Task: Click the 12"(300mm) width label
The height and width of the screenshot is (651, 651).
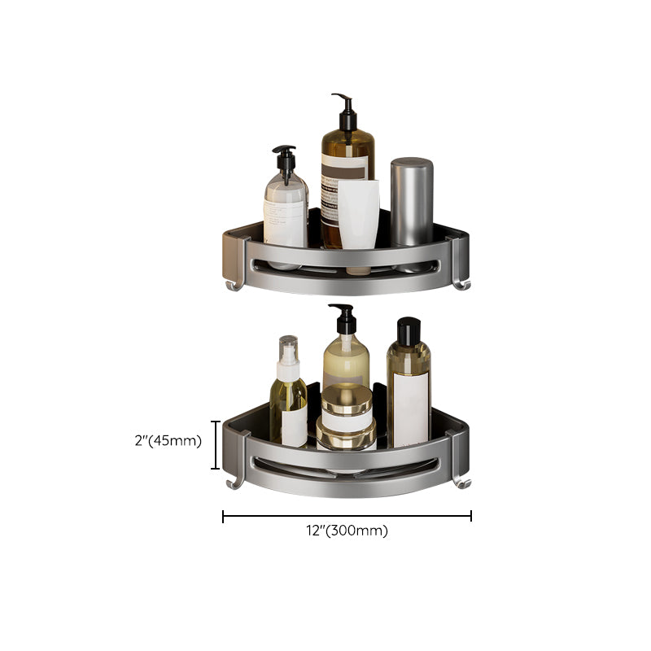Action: (347, 531)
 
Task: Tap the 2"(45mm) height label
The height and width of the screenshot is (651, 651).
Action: (168, 442)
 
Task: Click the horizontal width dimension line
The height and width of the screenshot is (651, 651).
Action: (347, 515)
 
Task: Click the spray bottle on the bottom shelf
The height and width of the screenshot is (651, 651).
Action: (290, 391)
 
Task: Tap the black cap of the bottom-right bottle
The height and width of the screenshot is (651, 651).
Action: (409, 330)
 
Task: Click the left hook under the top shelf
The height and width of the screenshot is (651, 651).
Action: (234, 284)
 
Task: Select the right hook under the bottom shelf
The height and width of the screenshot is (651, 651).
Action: (461, 483)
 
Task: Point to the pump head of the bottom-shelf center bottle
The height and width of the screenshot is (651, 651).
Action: (341, 317)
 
